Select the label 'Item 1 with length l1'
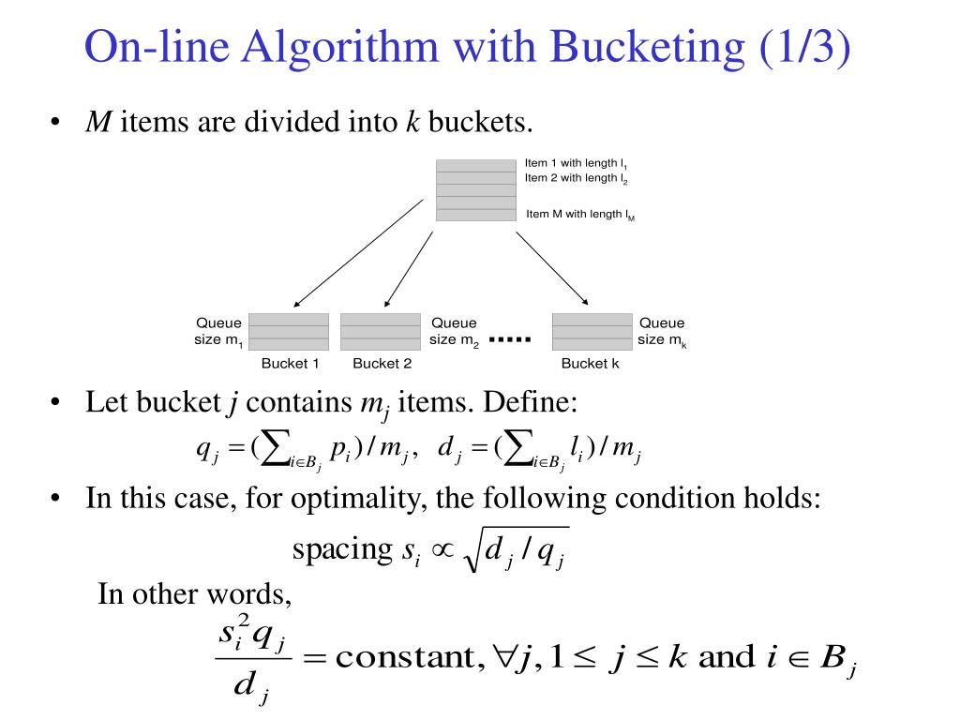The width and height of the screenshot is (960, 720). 576,164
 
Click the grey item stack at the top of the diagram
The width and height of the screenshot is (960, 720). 476,190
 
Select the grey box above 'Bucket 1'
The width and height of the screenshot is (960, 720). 289,331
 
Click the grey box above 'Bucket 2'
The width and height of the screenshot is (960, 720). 381,331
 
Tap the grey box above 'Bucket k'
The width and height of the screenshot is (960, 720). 592,331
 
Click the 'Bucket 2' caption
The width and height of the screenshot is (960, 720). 382,364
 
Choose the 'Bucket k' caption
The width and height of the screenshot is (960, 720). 590,364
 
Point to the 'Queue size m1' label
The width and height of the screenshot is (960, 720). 218,332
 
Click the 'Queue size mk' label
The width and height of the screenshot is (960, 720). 662,332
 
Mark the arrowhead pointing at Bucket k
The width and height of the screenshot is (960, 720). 585,301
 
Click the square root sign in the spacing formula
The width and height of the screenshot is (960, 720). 472,551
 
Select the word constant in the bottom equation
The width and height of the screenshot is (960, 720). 403,657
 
